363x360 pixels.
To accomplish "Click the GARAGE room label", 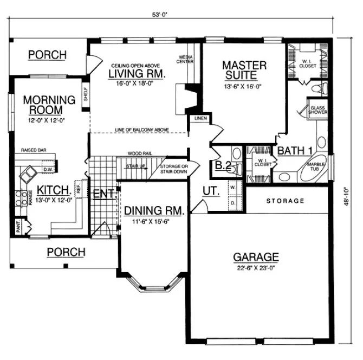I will point(256,256).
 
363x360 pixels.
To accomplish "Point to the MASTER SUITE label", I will point(244,70).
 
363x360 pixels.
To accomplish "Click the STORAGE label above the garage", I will point(286,201).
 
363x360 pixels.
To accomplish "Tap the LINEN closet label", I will point(196,118).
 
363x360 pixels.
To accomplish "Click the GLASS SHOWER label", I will point(317,110).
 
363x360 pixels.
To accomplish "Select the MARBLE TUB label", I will point(316,166).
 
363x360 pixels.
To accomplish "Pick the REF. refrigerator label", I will point(78,189).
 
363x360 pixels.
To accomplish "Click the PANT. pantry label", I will point(18,226).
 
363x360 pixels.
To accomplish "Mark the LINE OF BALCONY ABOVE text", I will point(141,130).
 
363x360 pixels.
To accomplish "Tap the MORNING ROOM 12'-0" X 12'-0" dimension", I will point(48,121).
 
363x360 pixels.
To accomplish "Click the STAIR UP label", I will point(135,166).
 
